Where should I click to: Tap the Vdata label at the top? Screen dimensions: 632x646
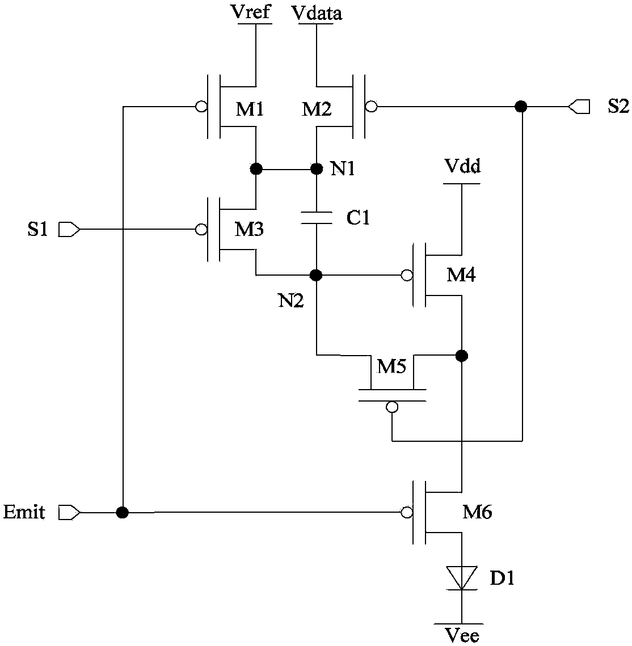(317, 13)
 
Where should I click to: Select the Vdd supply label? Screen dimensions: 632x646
(462, 166)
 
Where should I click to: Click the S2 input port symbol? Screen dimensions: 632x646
(579, 107)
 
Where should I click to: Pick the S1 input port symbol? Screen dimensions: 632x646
(69, 229)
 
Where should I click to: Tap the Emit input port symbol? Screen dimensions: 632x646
(69, 513)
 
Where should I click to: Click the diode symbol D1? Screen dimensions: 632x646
(462, 578)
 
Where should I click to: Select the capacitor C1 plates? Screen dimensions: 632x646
(317, 218)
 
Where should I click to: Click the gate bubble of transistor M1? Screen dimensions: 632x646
(201, 107)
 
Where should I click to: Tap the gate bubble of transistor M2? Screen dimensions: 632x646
(371, 107)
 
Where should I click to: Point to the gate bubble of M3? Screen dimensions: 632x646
(201, 229)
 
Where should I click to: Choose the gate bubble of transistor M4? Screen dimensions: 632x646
(407, 275)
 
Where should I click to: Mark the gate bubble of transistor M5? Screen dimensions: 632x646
(392, 407)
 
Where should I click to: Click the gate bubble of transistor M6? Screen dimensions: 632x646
(407, 513)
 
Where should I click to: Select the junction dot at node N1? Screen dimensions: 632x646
(317, 168)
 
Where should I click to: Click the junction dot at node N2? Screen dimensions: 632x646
(316, 275)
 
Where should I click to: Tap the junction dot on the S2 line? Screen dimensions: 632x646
(521, 107)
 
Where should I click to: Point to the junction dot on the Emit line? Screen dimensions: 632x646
(123, 513)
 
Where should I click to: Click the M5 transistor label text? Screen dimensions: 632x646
(392, 366)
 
